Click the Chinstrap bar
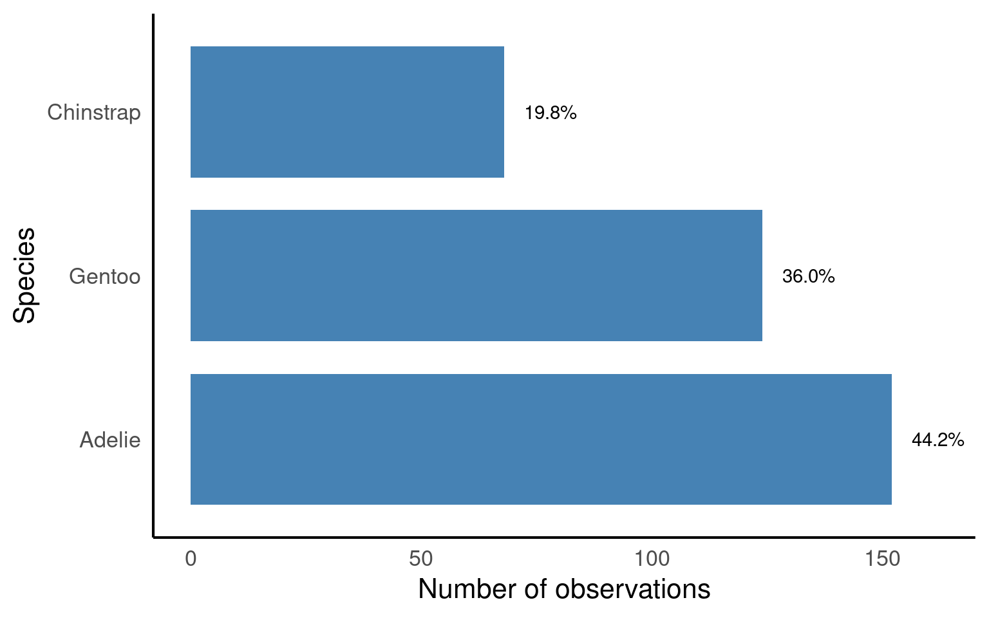click(x=347, y=112)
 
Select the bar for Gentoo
click(x=476, y=276)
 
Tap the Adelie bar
click(x=541, y=439)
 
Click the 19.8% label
click(x=551, y=113)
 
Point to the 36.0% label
click(x=808, y=277)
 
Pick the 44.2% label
click(x=937, y=440)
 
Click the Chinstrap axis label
click(x=94, y=113)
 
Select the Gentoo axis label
click(x=104, y=277)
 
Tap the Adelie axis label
click(x=110, y=440)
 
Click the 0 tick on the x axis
click(x=191, y=559)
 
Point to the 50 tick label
click(x=421, y=559)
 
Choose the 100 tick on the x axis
click(x=652, y=559)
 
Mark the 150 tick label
click(x=883, y=559)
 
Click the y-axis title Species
click(x=24, y=276)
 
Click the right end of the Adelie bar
click(x=890, y=439)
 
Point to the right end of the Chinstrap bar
click(x=503, y=112)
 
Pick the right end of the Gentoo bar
click(x=761, y=276)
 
